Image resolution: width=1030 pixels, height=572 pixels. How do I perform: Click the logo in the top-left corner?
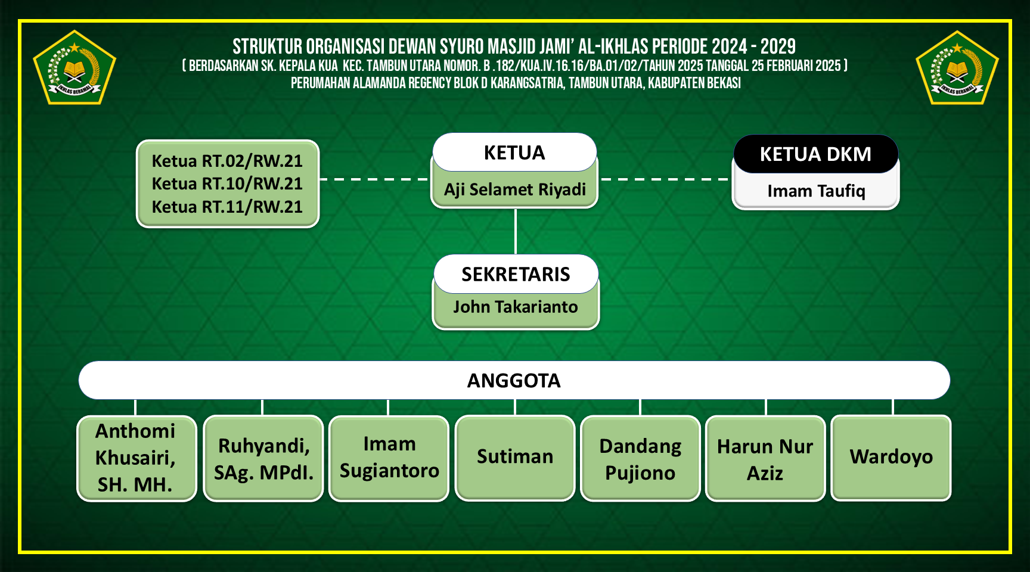[75, 69]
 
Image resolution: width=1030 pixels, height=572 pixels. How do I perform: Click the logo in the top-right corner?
[957, 69]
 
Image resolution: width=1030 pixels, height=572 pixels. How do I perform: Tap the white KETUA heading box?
[514, 153]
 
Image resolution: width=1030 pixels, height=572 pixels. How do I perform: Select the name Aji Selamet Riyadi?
[514, 189]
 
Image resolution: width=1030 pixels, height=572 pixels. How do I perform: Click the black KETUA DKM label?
[815, 154]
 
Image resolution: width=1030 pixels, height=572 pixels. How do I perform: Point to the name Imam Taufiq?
[815, 191]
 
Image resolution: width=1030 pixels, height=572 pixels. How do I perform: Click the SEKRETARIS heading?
[516, 274]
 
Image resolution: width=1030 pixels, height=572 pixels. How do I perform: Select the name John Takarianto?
[516, 307]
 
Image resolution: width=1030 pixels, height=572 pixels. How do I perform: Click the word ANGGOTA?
[514, 381]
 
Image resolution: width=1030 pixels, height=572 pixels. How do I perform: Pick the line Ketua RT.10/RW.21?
[227, 184]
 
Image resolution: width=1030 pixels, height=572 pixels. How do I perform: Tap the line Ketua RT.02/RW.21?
[227, 161]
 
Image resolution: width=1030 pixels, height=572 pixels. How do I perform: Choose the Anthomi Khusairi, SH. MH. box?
[136, 458]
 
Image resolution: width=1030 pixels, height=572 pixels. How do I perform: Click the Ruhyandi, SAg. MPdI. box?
[263, 458]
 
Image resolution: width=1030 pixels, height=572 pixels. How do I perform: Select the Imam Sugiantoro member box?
[389, 458]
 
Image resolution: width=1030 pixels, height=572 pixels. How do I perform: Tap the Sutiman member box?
[515, 457]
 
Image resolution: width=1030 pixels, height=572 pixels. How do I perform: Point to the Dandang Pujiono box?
[640, 458]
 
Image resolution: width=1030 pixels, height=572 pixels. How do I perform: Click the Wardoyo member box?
[891, 457]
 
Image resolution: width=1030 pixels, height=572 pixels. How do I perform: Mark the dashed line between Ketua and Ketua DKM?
[665, 179]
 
